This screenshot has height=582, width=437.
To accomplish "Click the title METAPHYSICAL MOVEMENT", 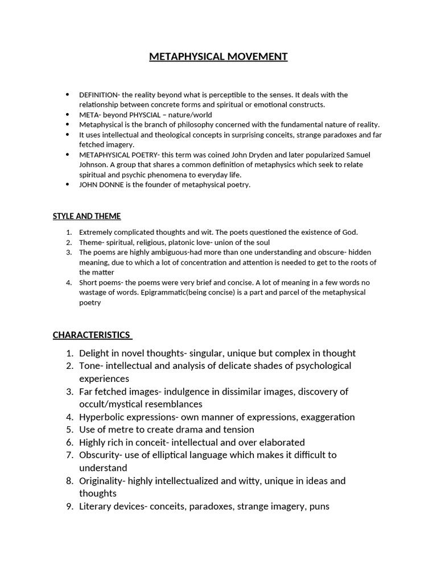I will click(x=218, y=56).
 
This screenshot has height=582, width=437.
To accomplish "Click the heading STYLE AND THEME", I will click(x=86, y=216).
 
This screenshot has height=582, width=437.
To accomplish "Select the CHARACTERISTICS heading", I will click(x=92, y=335).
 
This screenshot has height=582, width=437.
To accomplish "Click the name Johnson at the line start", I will click(x=93, y=165).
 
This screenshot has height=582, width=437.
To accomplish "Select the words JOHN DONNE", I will click(x=100, y=185).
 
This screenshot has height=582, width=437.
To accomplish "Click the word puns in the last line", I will click(x=319, y=506).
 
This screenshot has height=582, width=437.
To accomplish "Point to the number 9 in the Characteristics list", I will click(x=68, y=506).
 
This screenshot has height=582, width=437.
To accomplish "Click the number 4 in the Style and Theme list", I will click(x=68, y=282).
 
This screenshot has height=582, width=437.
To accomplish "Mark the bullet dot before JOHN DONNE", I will click(x=68, y=184).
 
